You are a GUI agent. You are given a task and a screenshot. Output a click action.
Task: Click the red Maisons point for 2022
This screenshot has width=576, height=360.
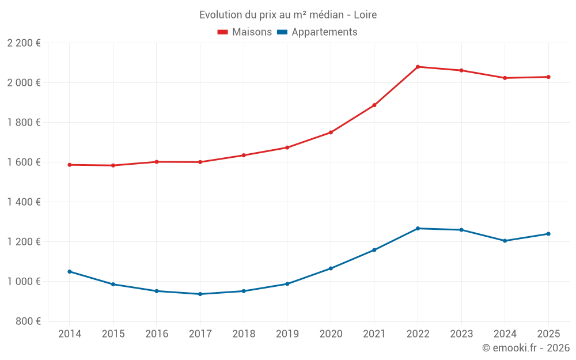point(418,67)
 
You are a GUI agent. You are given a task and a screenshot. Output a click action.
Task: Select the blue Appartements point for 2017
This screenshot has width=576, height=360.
point(200,294)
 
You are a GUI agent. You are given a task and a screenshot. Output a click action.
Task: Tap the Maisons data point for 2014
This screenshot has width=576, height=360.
point(70,165)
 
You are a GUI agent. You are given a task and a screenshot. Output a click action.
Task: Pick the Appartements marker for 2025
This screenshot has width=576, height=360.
point(548,234)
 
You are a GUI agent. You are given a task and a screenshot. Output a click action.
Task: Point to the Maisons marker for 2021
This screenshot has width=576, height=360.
point(374,105)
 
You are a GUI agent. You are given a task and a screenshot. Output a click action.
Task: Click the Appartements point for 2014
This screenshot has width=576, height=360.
point(70,271)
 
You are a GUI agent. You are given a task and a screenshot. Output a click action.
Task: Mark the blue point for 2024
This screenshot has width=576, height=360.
point(505,241)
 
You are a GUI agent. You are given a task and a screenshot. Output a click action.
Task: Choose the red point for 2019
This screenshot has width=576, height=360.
point(287,147)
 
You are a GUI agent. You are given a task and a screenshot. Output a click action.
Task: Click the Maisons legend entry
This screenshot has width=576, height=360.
point(244,32)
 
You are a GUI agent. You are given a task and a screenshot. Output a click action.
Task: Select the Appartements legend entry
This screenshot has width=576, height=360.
point(317,32)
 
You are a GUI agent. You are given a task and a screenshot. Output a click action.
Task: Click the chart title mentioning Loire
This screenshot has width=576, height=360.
point(288,14)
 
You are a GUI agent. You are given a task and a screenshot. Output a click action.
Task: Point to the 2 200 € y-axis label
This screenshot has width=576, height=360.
point(24,43)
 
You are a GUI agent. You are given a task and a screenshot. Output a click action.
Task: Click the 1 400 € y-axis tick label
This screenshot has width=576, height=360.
point(24,202)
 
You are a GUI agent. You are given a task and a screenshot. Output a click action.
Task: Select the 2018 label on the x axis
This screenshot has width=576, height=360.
point(244,334)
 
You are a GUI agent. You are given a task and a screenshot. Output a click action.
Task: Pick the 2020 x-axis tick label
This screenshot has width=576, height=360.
point(331,334)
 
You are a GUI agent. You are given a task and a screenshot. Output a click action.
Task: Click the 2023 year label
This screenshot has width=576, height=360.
point(461,334)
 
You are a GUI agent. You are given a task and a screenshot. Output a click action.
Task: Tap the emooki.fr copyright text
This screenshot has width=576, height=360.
point(525,348)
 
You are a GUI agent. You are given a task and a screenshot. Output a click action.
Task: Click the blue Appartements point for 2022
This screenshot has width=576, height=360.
point(418,229)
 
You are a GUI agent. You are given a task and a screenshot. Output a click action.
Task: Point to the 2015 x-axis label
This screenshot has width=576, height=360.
point(113,334)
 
